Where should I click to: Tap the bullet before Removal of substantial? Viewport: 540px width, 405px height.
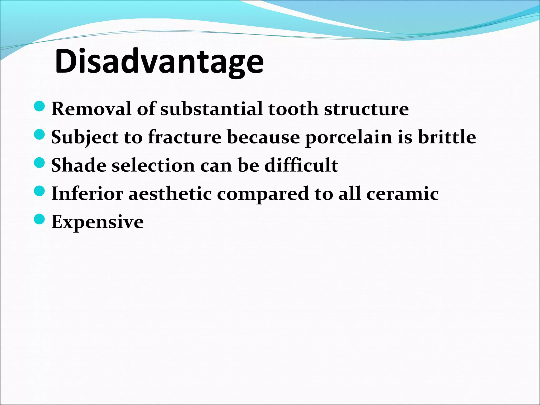click(x=40, y=107)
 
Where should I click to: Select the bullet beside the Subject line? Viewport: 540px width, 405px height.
click(x=40, y=135)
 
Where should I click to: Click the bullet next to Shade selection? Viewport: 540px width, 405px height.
click(x=40, y=163)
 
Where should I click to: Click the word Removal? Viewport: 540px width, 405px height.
click(x=91, y=109)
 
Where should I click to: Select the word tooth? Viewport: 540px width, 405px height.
click(x=293, y=109)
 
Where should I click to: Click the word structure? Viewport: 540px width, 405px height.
click(x=366, y=109)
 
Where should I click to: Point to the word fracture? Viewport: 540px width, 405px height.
click(x=185, y=137)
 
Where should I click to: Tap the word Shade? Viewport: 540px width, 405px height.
click(x=79, y=165)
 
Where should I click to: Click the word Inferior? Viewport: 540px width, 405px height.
click(x=87, y=194)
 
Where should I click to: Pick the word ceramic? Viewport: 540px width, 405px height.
click(x=402, y=194)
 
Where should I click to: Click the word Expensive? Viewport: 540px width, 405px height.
click(x=98, y=222)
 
